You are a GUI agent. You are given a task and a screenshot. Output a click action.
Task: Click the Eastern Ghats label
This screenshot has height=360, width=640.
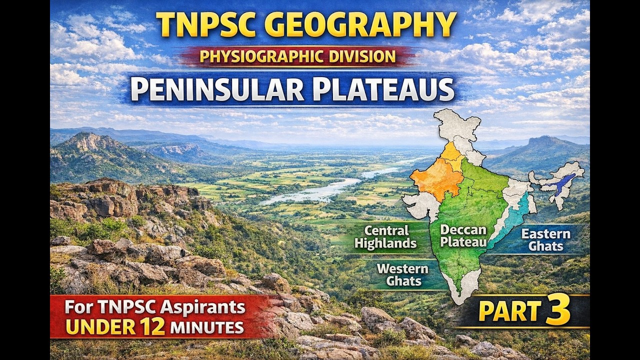[x=545, y=240]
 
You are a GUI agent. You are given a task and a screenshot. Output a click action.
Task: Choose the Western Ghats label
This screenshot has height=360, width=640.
[x=402, y=274]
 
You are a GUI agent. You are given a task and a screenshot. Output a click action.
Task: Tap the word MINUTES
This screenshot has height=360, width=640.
[x=206, y=328]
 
